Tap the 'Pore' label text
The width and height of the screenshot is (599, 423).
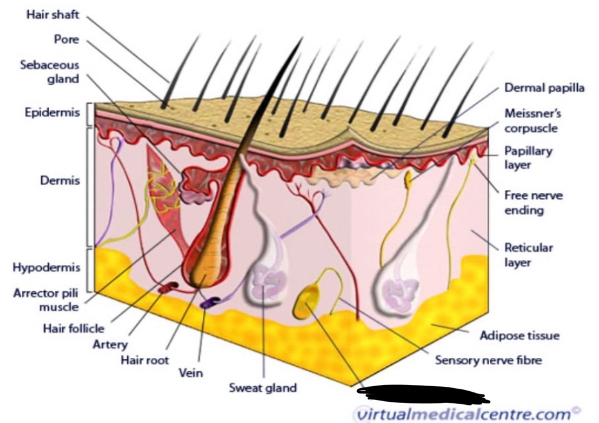click(x=66, y=39)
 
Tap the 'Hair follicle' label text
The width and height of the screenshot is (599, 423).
click(x=73, y=327)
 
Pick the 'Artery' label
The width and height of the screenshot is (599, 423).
click(x=109, y=344)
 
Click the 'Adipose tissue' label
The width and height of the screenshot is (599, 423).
click(x=519, y=336)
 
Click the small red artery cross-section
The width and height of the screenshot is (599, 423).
click(x=169, y=288)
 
